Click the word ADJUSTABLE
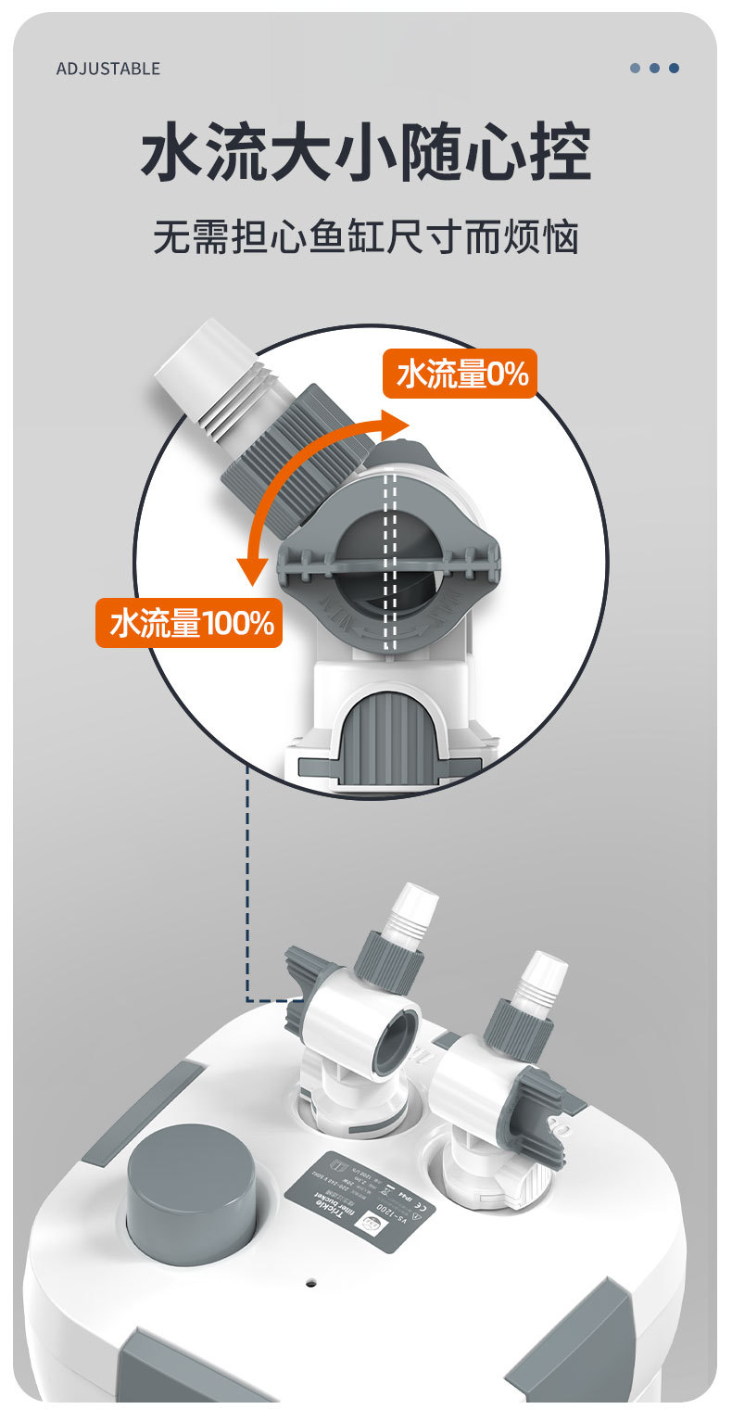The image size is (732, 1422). (107, 69)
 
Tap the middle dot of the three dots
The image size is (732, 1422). (654, 68)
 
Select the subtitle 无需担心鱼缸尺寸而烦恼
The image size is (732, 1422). (366, 236)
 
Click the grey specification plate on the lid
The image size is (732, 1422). (360, 1202)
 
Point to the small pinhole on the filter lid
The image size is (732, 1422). (311, 1284)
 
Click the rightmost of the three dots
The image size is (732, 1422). (674, 68)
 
